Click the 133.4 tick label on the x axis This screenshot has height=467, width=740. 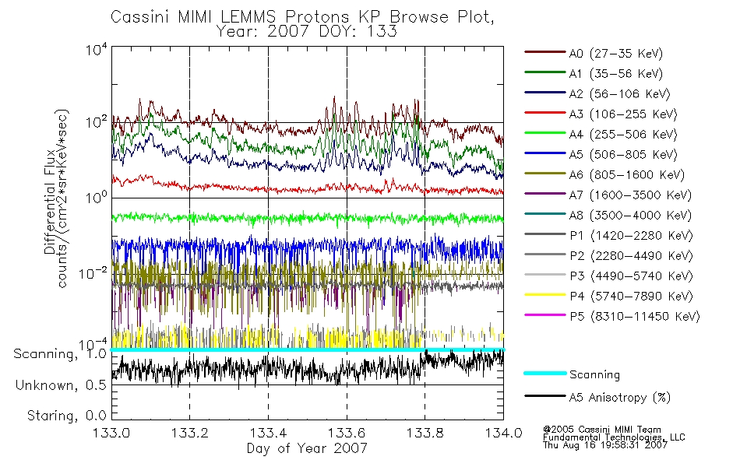(268, 433)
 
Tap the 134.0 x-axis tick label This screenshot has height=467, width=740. (503, 433)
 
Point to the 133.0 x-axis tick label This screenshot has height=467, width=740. (111, 433)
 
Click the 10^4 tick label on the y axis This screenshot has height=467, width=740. (97, 49)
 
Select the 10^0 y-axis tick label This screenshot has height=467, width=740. (97, 196)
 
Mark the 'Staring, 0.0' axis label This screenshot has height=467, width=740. (66, 416)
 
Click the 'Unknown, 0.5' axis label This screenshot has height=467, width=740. (61, 385)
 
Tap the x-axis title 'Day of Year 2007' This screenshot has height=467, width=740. (307, 448)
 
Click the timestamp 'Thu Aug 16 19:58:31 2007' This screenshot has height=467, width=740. (605, 445)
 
